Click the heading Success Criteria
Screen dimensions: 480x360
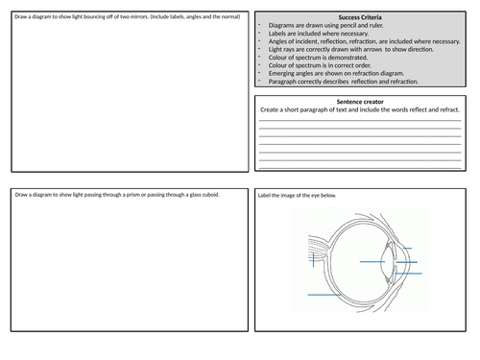(360, 17)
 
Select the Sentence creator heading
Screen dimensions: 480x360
(360, 102)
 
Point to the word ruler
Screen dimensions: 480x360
(376, 25)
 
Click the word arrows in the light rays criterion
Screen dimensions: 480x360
(372, 50)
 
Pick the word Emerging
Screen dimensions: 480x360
(281, 74)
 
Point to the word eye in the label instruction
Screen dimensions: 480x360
(315, 196)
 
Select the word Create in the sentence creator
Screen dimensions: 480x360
(270, 109)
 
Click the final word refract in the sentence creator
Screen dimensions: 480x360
(449, 109)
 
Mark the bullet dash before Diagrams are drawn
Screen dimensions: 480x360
(259, 25)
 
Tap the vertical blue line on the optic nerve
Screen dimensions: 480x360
(313, 259)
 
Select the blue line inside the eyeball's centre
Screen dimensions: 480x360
(372, 262)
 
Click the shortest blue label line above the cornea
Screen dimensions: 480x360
(407, 249)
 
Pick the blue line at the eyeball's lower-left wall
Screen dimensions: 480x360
(324, 295)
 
